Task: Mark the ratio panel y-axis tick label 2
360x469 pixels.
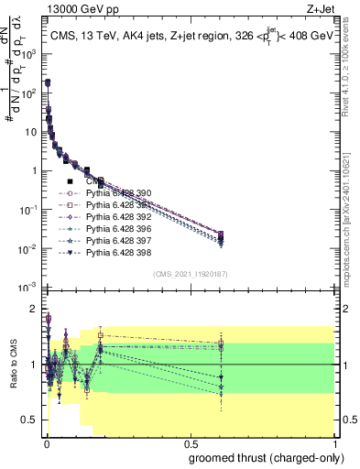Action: point(33,309)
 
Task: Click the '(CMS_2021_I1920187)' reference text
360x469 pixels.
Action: point(191,273)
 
